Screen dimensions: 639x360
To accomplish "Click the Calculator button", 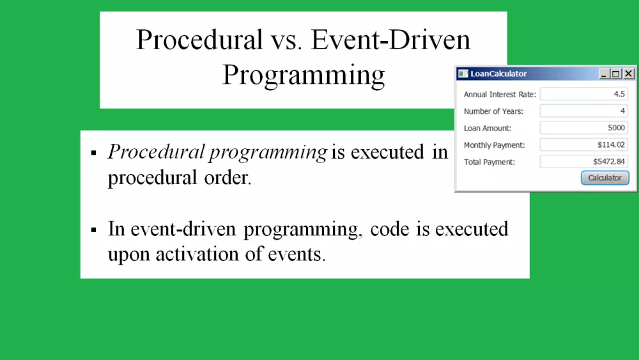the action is pyautogui.click(x=605, y=178).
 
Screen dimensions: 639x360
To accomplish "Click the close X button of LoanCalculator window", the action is pyautogui.click(x=629, y=74).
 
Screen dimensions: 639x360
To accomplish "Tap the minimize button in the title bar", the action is pyautogui.click(x=604, y=74).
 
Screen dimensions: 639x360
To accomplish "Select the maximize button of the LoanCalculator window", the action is pyautogui.click(x=616, y=74).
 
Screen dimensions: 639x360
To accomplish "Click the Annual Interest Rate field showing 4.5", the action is pyautogui.click(x=583, y=94).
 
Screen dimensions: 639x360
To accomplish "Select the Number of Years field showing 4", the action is pyautogui.click(x=583, y=111).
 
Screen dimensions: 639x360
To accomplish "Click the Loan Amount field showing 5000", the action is pyautogui.click(x=583, y=128).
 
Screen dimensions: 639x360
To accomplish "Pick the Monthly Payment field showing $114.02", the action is pyautogui.click(x=583, y=145).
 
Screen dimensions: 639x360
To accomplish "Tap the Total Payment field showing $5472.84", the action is pyautogui.click(x=583, y=161).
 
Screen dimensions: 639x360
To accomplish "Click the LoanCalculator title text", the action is pyautogui.click(x=498, y=74).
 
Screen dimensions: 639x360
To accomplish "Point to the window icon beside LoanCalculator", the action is pyautogui.click(x=463, y=74).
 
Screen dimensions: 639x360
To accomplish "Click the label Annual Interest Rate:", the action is pyautogui.click(x=500, y=94).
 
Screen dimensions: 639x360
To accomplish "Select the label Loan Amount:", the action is pyautogui.click(x=488, y=128).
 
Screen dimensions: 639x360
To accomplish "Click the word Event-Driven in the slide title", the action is pyautogui.click(x=390, y=40).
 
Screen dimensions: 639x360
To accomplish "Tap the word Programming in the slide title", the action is pyautogui.click(x=304, y=75).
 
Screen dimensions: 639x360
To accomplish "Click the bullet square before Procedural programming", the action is pyautogui.click(x=94, y=153).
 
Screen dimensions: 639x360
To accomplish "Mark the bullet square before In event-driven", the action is pyautogui.click(x=94, y=230).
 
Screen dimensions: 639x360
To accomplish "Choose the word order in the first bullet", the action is pyautogui.click(x=227, y=177).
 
